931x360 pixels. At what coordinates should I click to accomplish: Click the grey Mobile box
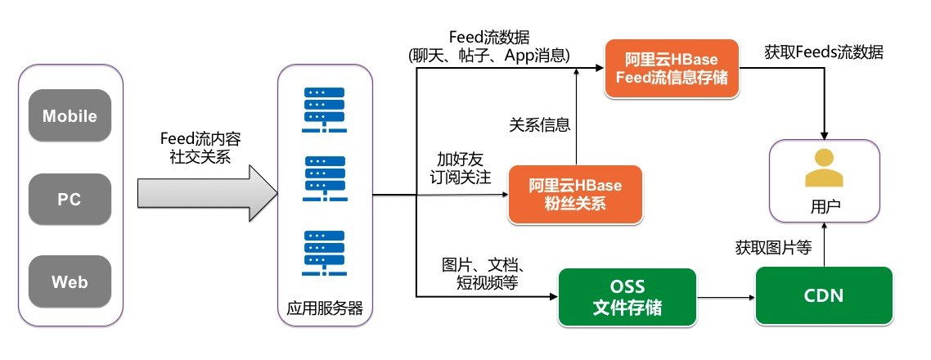(x=70, y=116)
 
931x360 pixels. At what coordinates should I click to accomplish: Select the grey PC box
(x=70, y=200)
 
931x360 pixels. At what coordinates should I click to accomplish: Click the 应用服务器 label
(x=325, y=309)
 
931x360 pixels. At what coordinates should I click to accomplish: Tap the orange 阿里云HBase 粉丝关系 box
(x=574, y=195)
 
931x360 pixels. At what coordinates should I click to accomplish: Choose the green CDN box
(x=824, y=296)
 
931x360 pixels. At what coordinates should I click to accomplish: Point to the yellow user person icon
(x=823, y=170)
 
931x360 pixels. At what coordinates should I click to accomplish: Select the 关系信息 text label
(x=539, y=125)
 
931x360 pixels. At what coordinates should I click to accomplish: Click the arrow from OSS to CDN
(x=726, y=298)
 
